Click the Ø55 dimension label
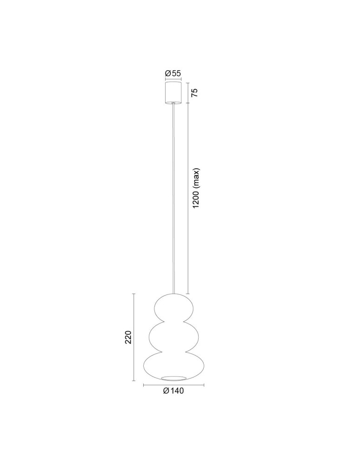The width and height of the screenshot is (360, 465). pos(173,73)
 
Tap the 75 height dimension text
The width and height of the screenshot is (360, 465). pos(195,92)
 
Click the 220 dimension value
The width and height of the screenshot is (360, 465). pos(129,337)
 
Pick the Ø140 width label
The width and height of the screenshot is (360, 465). pos(173,391)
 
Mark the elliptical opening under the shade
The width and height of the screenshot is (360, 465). pos(174,376)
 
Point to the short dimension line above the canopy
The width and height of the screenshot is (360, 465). pos(173,80)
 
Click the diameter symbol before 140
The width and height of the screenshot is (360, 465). pos(166,391)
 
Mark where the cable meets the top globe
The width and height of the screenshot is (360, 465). pos(174,294)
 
